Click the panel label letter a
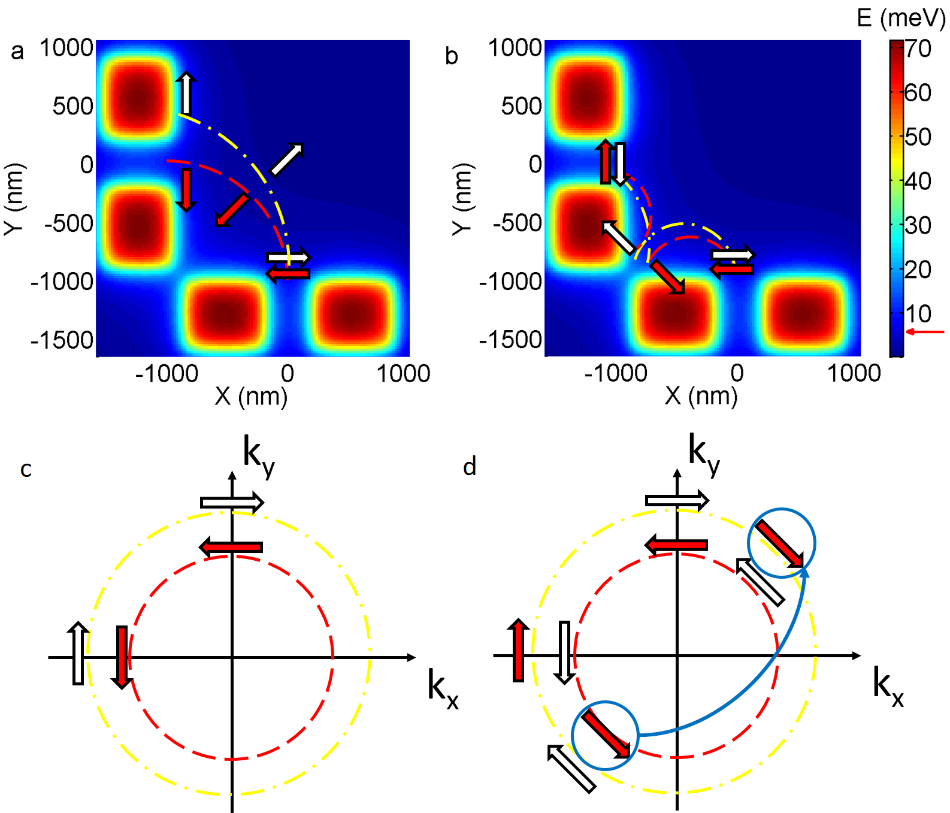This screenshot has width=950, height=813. (x=17, y=52)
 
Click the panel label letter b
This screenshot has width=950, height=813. (x=452, y=56)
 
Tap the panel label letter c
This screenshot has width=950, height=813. (x=26, y=469)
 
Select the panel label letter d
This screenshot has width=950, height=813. (x=470, y=467)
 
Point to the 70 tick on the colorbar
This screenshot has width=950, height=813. (x=918, y=49)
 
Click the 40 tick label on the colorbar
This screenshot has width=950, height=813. (x=918, y=181)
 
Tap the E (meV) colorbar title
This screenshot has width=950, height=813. (x=901, y=18)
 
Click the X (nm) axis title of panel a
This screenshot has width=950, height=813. (x=251, y=396)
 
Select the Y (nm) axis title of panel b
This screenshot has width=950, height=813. (x=462, y=199)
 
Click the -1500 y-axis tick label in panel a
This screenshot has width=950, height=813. (x=63, y=340)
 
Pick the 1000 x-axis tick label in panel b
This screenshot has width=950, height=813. (x=854, y=373)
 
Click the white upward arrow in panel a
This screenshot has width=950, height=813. (x=186, y=93)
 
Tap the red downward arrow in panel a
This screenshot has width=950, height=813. (x=186, y=190)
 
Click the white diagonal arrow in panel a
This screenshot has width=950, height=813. (x=287, y=159)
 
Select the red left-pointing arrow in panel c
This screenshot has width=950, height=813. (x=231, y=547)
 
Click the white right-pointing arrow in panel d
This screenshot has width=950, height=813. (x=677, y=500)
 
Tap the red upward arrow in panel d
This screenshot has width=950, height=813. (x=518, y=650)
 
